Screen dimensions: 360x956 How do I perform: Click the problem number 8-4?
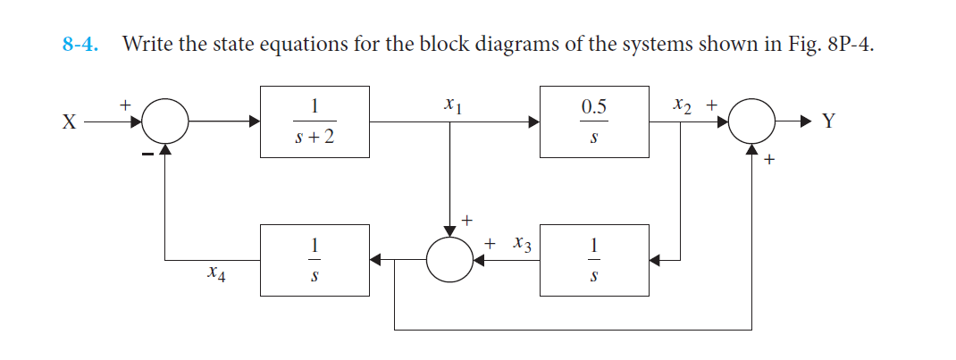tap(79, 44)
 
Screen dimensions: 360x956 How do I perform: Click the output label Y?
tap(828, 123)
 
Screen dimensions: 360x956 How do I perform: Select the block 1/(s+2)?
tap(314, 122)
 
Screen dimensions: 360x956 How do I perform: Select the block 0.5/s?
tap(594, 122)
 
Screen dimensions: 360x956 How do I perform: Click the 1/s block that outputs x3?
tap(594, 259)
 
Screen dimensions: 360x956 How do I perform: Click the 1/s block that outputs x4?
tap(314, 259)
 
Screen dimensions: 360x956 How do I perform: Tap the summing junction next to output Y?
tap(752, 122)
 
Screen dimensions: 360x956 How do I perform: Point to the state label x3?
tap(523, 243)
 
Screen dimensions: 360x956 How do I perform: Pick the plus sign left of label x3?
tap(491, 242)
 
